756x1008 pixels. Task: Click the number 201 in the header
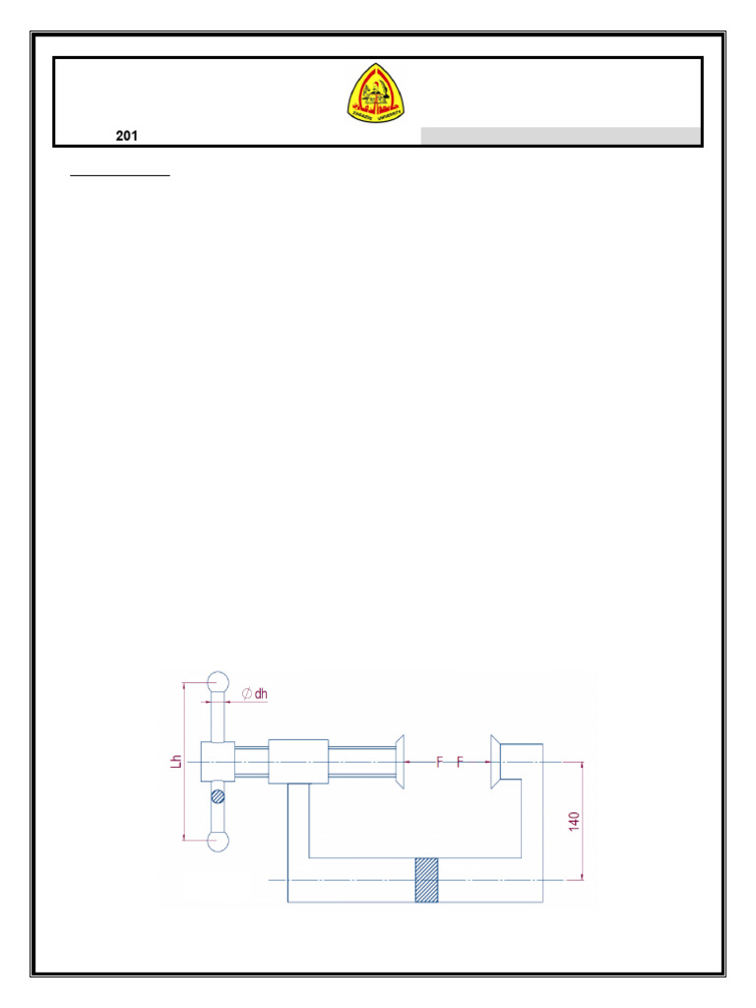point(126,137)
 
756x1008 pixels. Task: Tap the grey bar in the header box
point(560,137)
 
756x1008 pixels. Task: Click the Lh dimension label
point(175,760)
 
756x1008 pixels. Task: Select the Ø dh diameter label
point(254,693)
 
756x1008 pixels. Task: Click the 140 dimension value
point(573,819)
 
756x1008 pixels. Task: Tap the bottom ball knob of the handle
point(218,841)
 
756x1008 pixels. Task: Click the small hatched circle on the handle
point(218,796)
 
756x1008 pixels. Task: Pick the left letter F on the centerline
point(440,761)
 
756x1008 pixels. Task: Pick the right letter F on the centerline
point(460,761)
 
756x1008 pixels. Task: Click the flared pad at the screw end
point(399,761)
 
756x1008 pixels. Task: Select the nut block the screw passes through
point(298,761)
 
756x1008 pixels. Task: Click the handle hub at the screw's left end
point(218,761)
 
